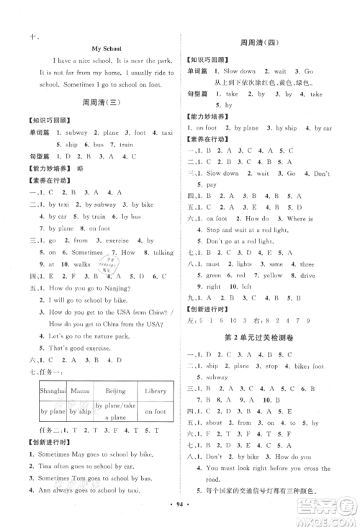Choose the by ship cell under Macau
(x=74, y=411)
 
